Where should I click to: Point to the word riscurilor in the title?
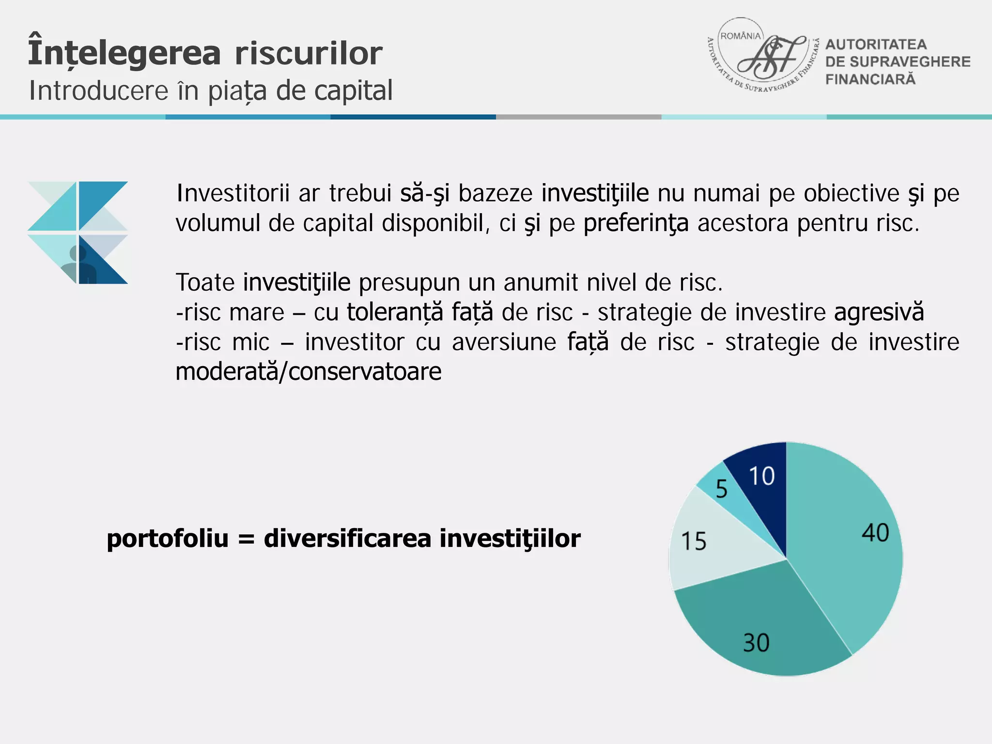(309, 53)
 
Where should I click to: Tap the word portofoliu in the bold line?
(168, 539)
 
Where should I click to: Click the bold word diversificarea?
(347, 539)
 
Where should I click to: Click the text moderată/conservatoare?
(309, 372)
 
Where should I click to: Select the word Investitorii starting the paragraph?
(233, 193)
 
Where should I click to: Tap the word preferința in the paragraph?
(635, 224)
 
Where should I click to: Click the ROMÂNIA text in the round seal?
(741, 36)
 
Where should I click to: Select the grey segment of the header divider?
(578, 117)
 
